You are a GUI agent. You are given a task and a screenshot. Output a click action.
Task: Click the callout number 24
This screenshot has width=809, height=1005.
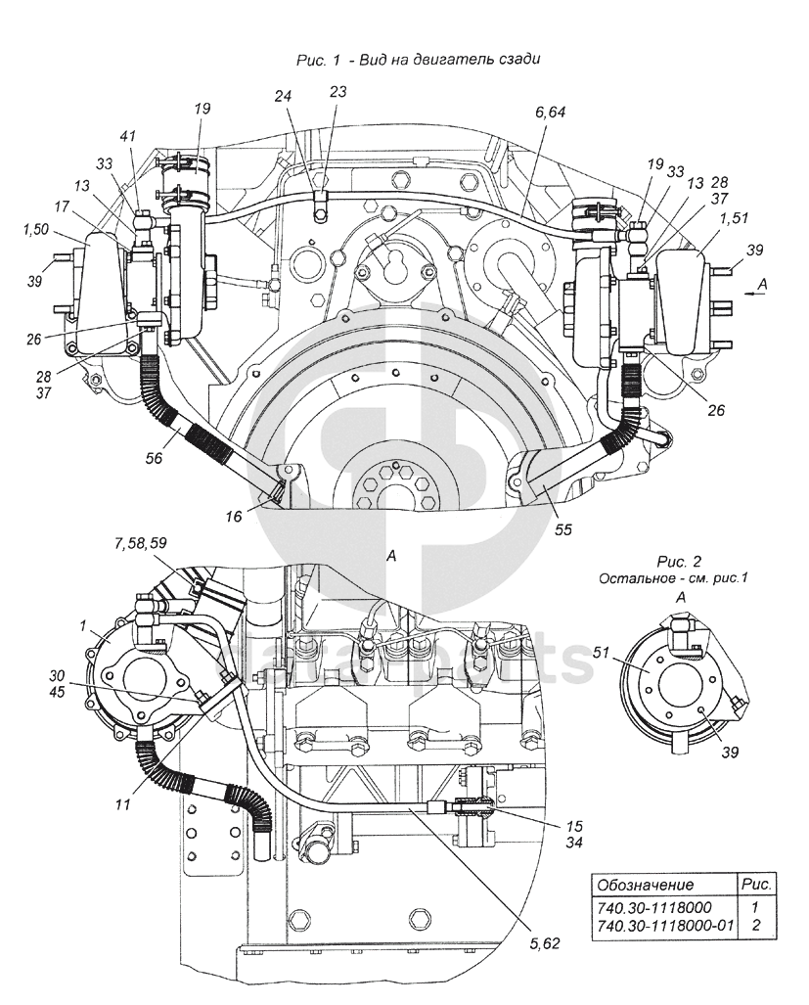pyautogui.click(x=283, y=96)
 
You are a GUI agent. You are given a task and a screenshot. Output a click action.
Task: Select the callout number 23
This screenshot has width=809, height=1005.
pyautogui.click(x=337, y=92)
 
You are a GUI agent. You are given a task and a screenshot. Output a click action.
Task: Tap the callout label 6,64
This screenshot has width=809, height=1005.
pyautogui.click(x=550, y=113)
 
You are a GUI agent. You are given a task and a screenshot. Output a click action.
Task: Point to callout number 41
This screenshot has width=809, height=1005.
pyautogui.click(x=128, y=137)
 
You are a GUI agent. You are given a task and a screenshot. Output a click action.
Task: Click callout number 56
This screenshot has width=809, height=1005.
pyautogui.click(x=154, y=458)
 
